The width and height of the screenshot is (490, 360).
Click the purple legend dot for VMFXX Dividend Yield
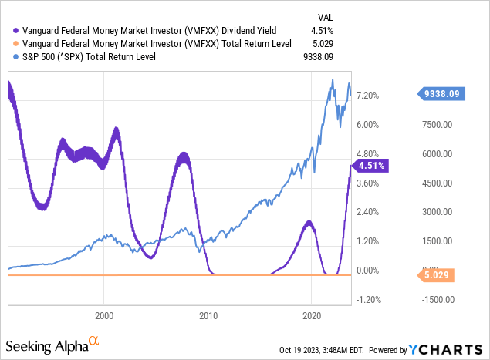tap(8, 31)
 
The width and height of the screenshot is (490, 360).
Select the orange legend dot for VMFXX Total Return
tap(8, 44)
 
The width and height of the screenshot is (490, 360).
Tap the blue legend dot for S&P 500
tap(8, 56)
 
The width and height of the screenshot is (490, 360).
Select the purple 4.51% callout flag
tap(372, 164)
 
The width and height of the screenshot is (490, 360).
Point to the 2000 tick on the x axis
tap(103, 316)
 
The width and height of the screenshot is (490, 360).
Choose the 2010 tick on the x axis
tap(208, 316)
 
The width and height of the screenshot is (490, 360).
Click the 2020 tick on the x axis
tap(312, 316)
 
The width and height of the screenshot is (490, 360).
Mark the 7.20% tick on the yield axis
tap(374, 95)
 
